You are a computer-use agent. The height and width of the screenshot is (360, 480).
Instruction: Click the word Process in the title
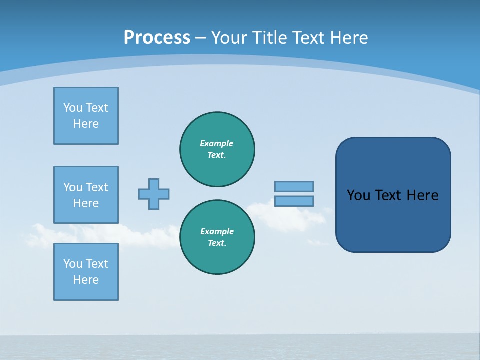tap(157, 37)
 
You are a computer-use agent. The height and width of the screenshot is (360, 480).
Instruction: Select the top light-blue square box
tap(86, 116)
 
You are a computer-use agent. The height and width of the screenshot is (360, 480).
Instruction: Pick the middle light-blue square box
tap(86, 195)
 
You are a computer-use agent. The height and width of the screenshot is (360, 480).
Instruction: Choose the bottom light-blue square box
tap(86, 272)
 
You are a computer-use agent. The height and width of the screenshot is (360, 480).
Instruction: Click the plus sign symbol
tap(154, 194)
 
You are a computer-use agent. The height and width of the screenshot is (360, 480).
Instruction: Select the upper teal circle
tap(217, 149)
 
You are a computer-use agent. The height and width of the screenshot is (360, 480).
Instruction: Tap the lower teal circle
tap(217, 237)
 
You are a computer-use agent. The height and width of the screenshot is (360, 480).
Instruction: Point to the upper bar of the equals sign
tap(294, 186)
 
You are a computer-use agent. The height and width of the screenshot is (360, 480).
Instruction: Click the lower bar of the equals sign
tap(294, 201)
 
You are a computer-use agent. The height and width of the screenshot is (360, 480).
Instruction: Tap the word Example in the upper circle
tap(217, 143)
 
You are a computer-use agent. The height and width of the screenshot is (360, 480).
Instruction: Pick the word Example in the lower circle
tap(217, 231)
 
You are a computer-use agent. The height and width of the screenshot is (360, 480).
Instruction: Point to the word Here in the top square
tap(86, 124)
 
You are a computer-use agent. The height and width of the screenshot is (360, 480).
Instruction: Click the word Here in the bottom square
tap(86, 280)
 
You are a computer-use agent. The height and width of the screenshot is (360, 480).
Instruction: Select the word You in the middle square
tap(72, 187)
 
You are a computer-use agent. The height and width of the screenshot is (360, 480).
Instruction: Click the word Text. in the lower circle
tap(217, 243)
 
